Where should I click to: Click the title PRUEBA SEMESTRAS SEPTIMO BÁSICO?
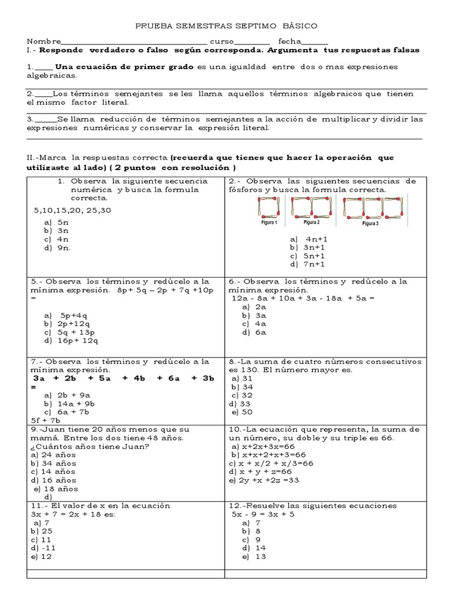[x=226, y=26]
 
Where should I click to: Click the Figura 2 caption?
[x=311, y=223]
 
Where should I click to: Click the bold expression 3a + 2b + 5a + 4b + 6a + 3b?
[x=123, y=378]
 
